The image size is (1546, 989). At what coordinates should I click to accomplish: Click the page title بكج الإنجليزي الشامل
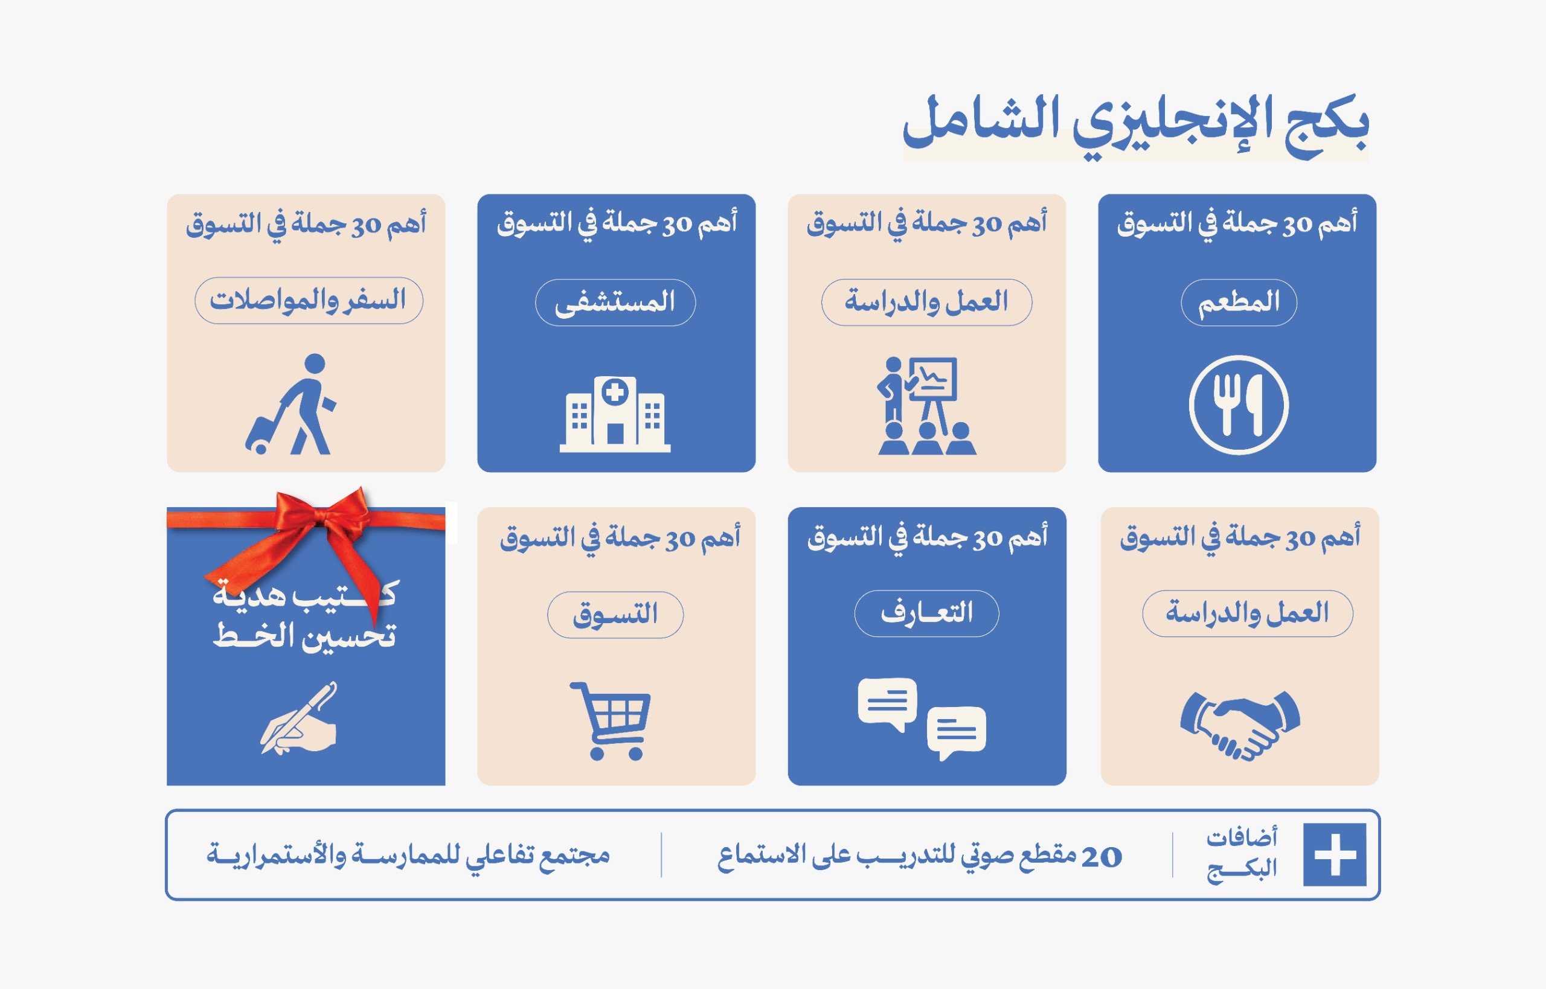(x=1135, y=126)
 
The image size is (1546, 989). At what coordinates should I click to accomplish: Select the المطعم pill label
(x=1239, y=302)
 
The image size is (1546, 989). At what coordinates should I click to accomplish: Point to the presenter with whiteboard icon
(x=926, y=405)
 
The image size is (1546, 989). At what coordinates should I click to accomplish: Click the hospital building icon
(x=615, y=414)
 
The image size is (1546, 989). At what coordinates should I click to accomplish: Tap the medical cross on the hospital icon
(x=615, y=391)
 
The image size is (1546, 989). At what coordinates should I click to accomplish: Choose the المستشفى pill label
(x=615, y=302)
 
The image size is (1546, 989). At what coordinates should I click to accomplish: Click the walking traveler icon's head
(x=315, y=363)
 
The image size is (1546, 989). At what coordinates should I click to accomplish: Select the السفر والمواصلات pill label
(x=309, y=300)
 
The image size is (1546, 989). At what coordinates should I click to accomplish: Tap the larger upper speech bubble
(x=887, y=703)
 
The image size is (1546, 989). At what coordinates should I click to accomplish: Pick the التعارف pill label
(x=926, y=613)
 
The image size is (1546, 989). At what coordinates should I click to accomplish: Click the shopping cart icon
(x=610, y=720)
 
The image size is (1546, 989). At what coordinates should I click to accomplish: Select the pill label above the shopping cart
(x=615, y=615)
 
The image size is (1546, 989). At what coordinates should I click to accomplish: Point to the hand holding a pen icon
(x=299, y=718)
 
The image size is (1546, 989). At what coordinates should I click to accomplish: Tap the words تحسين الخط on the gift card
(x=304, y=636)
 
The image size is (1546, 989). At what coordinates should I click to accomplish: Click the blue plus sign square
(x=1335, y=854)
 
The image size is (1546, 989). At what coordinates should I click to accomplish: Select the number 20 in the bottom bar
(x=1101, y=856)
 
